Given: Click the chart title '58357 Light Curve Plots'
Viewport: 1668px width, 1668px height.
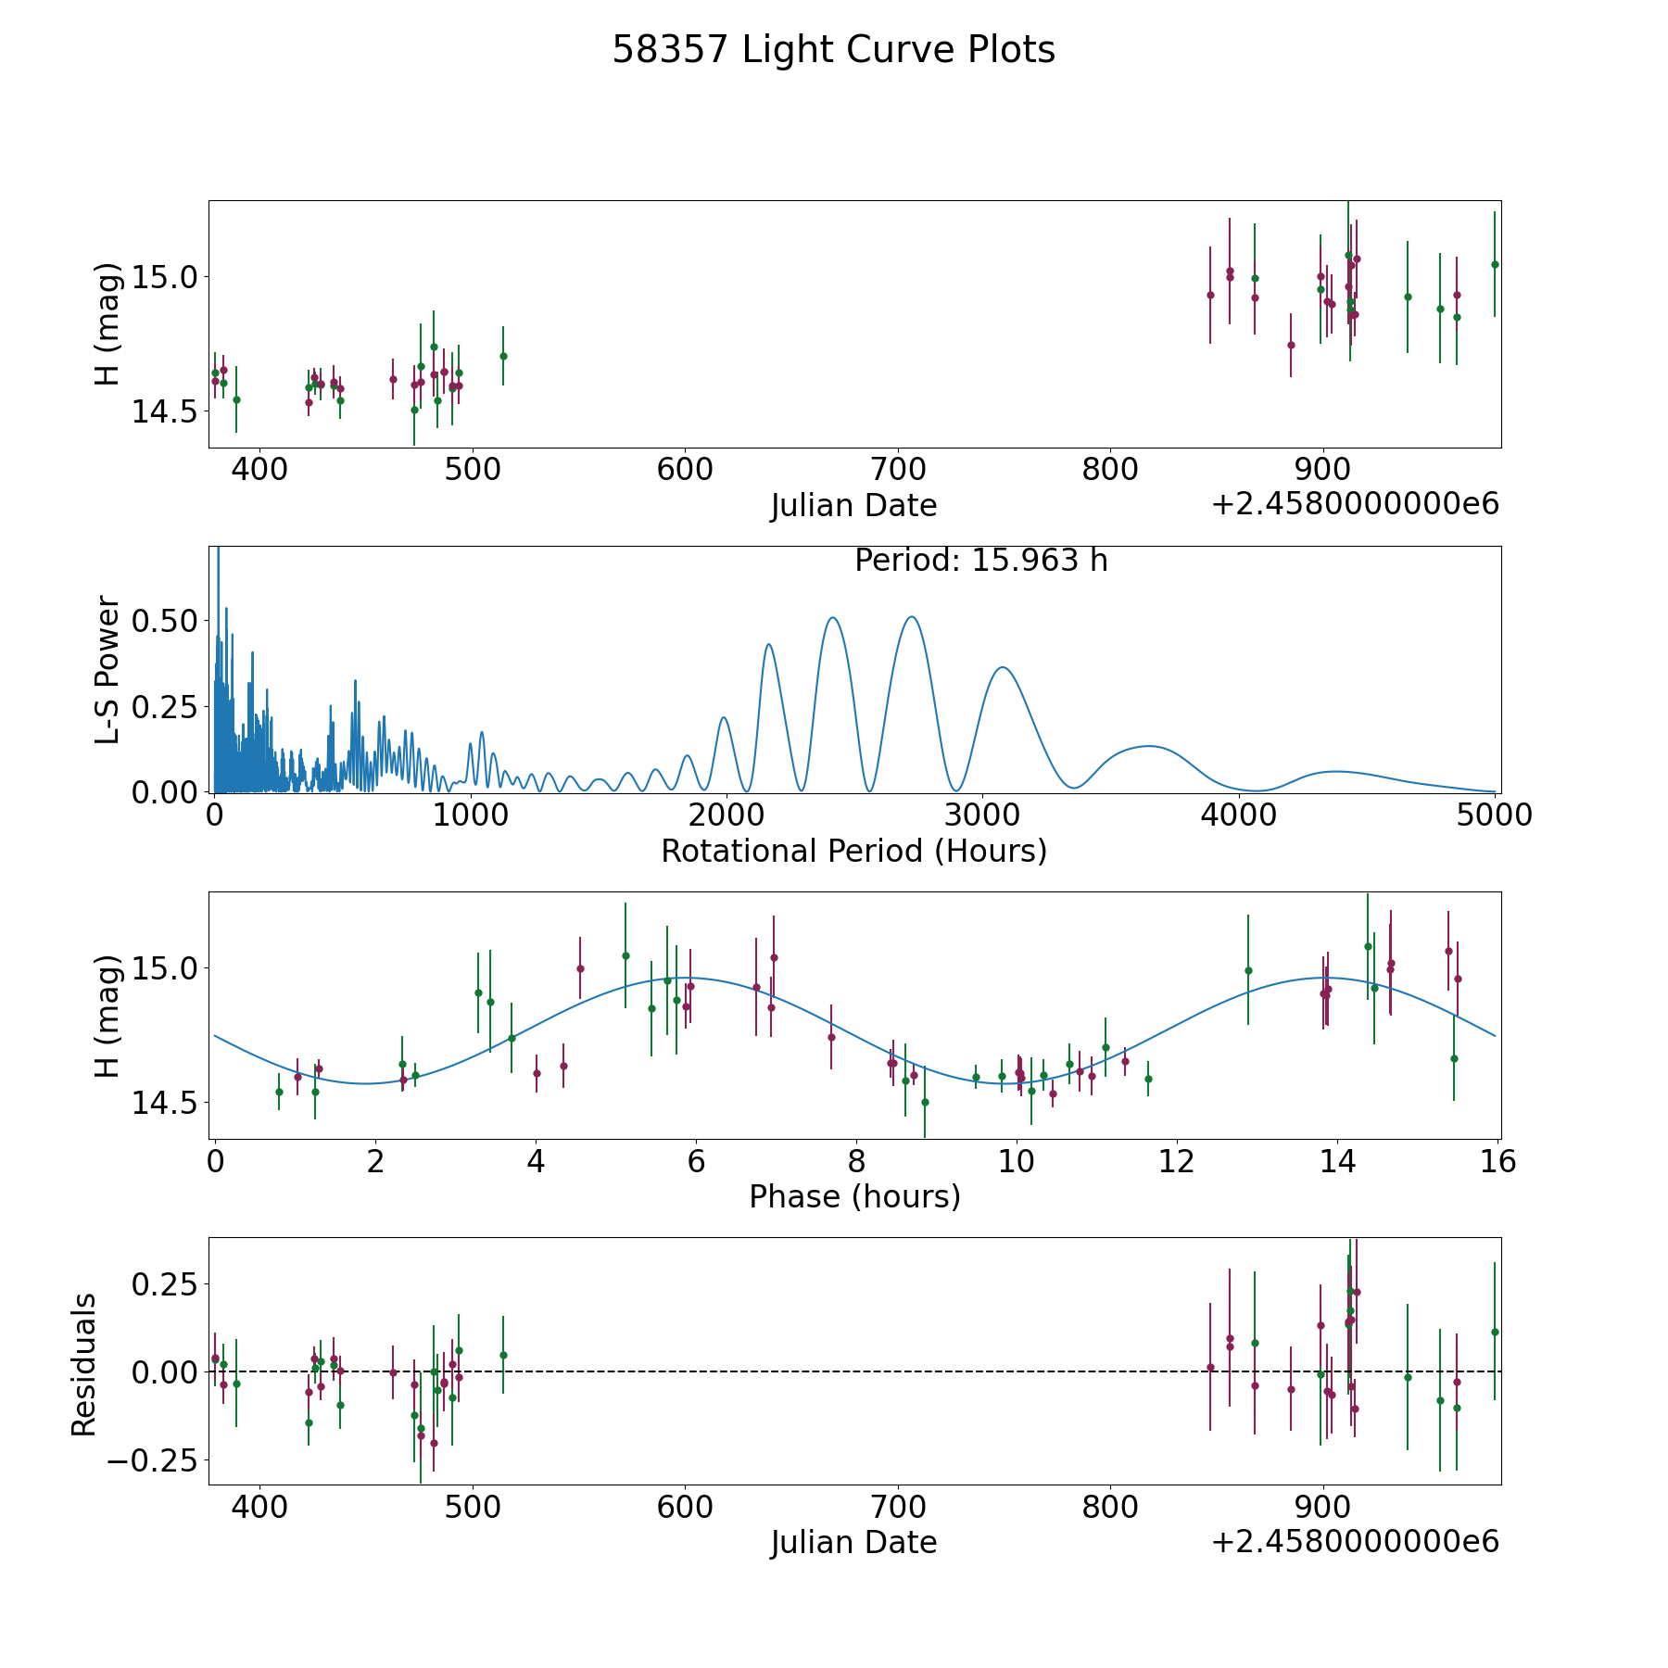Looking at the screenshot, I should click(x=833, y=50).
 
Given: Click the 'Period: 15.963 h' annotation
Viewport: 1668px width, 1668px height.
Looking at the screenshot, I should click(x=980, y=561).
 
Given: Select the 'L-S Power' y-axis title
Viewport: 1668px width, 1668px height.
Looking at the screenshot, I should click(x=108, y=670).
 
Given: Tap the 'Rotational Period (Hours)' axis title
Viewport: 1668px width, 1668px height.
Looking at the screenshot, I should click(x=853, y=851).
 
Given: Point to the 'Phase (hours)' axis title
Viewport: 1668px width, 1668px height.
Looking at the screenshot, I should click(x=854, y=1196).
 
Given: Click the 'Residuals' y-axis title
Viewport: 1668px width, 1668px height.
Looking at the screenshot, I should click(x=84, y=1365).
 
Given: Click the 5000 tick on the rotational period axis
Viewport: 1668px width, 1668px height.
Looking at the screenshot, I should click(x=1495, y=815).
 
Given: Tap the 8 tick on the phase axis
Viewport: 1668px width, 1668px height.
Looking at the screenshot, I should click(x=856, y=1161).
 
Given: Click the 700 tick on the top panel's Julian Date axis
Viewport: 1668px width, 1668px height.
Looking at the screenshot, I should click(x=898, y=470).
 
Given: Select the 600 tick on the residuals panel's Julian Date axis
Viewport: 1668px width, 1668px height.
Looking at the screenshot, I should click(x=685, y=1507).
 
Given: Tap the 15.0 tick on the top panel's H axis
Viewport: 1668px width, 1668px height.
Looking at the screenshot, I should click(x=166, y=277).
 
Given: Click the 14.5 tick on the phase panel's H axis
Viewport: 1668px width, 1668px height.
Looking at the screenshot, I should click(x=166, y=1103).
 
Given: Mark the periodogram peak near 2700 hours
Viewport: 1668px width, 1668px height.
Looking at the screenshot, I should click(x=912, y=616).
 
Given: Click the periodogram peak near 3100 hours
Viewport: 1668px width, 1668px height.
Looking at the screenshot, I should click(x=1002, y=667).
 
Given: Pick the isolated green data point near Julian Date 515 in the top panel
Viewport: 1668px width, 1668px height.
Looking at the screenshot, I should click(x=503, y=356).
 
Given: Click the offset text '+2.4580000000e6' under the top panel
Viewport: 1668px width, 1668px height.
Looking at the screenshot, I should click(x=1355, y=505).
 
